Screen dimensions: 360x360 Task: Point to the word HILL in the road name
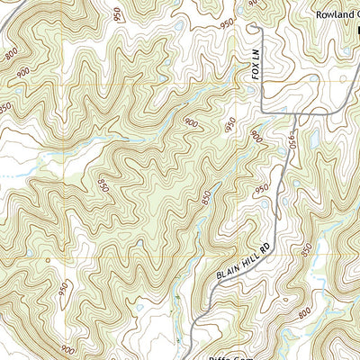[250, 255]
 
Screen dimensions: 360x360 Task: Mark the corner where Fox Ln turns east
[260, 110]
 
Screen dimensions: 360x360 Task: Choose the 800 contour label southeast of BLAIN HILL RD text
[304, 313]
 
